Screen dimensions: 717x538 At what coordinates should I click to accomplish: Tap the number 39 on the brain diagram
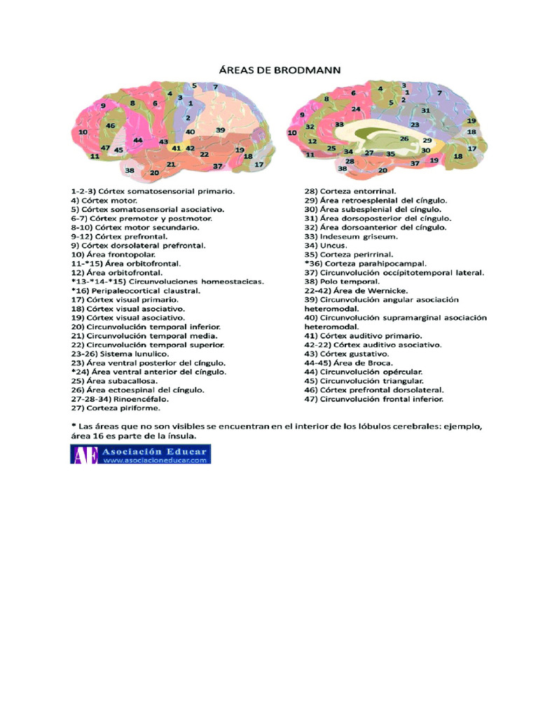tap(220, 130)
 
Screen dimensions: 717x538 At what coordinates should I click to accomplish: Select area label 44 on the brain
tap(138, 140)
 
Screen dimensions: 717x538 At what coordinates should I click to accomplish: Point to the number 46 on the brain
tap(110, 125)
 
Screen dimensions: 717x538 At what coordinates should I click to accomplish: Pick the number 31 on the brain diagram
tap(426, 111)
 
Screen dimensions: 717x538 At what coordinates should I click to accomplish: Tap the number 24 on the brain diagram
tap(356, 109)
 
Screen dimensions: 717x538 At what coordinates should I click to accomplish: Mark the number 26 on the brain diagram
tap(404, 139)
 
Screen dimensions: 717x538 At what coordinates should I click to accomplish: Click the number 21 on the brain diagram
tap(170, 164)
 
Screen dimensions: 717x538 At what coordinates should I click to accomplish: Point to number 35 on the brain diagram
tap(391, 153)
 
